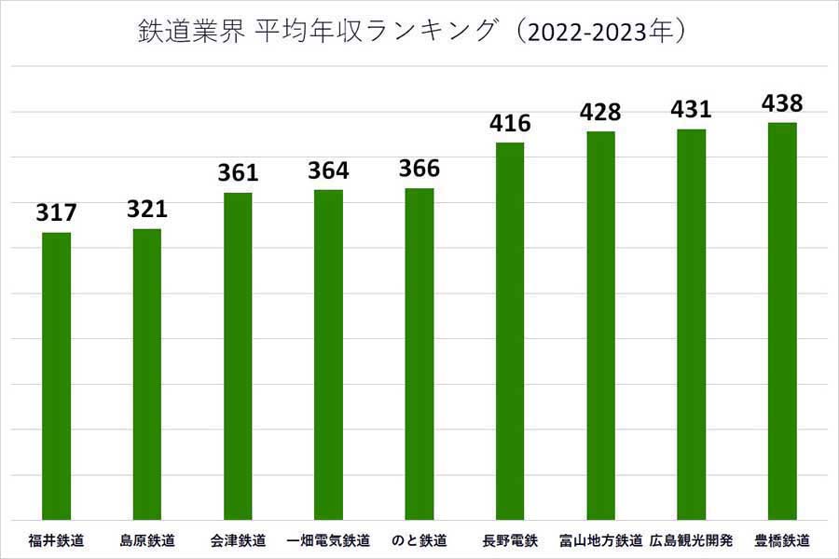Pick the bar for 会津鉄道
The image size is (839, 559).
point(238,356)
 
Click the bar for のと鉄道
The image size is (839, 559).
point(419,354)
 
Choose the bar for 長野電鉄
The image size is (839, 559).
point(510,331)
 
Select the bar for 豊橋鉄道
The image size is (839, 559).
point(782,320)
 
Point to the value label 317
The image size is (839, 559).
point(57,213)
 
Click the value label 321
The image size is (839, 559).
point(147,210)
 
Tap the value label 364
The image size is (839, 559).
point(328,170)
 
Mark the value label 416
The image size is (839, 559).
point(510,123)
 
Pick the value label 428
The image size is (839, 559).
point(600,112)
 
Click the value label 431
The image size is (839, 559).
point(691,109)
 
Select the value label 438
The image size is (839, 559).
point(782,102)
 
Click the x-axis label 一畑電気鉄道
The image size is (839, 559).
point(328,540)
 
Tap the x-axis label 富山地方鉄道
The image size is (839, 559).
point(600,540)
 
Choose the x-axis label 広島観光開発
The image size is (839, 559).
point(691,540)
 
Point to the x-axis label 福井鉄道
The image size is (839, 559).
point(57,540)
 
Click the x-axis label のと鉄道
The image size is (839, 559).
point(419,540)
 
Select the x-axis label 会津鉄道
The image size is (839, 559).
point(238,540)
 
